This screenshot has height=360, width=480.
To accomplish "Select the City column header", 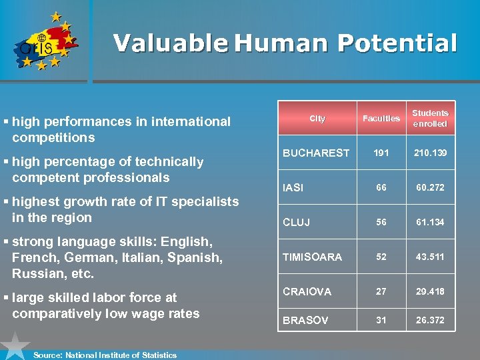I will (x=317, y=119).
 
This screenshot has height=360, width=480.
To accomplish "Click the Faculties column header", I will (x=381, y=119).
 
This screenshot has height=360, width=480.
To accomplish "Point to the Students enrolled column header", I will (x=430, y=119).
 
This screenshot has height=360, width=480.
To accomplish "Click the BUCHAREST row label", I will (x=316, y=153).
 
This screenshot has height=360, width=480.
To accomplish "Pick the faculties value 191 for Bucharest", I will (x=381, y=153).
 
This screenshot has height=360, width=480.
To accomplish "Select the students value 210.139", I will (x=431, y=153).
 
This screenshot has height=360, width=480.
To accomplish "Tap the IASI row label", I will (x=293, y=188).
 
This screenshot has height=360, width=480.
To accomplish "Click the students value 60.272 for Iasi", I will (x=431, y=187).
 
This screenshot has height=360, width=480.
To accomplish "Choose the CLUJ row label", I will (x=296, y=222).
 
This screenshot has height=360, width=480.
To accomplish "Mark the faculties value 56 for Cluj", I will (x=381, y=222).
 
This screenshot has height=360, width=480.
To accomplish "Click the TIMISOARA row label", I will (x=312, y=257).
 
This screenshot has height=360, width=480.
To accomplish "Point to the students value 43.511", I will (x=431, y=257).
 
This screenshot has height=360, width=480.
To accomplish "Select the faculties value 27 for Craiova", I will (x=381, y=291).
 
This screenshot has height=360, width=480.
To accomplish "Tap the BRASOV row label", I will (x=305, y=320).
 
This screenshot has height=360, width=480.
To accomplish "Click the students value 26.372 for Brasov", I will (x=431, y=320).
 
